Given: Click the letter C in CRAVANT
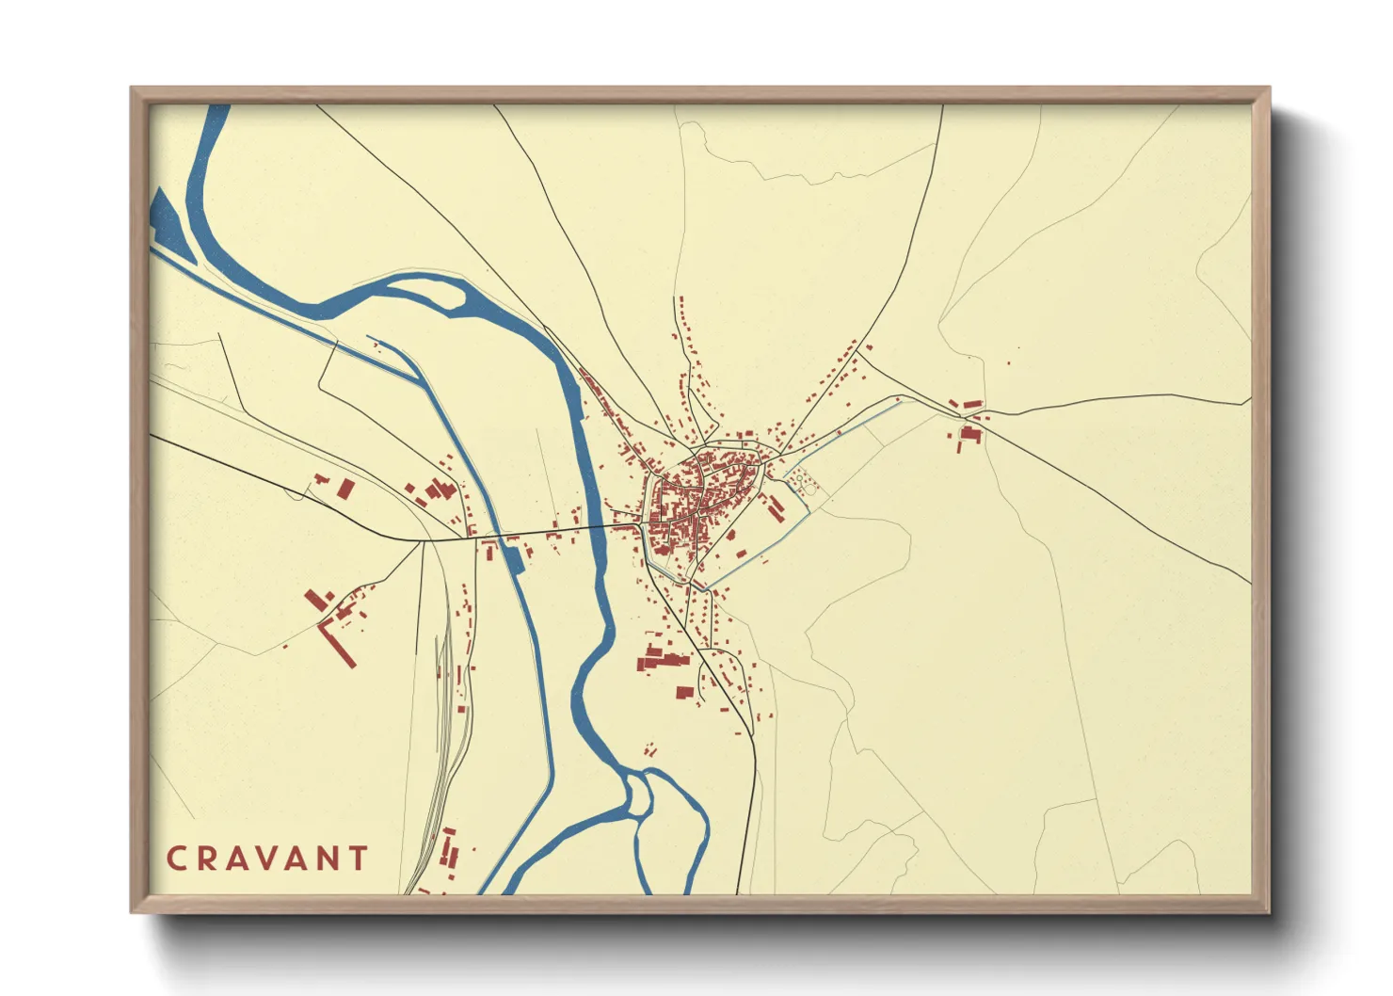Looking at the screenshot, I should tap(176, 859).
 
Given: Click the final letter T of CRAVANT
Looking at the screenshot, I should tap(358, 859).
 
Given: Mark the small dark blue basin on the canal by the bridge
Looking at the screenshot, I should tap(512, 558).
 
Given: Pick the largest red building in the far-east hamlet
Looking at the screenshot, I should tap(970, 435).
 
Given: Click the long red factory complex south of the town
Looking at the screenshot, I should tap(663, 658).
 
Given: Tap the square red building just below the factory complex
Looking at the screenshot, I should tap(684, 693).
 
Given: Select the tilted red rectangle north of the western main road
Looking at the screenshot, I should tap(345, 489).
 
